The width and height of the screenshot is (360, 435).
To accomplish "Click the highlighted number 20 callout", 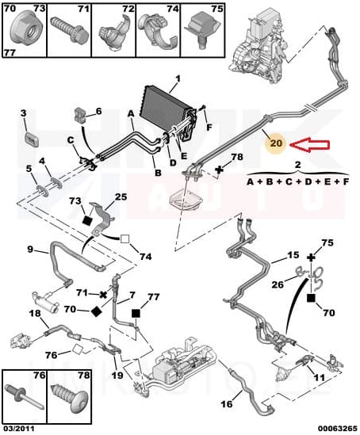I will (x=275, y=144).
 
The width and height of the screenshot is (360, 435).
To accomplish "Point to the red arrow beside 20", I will (x=309, y=144).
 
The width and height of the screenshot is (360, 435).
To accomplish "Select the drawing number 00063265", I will (x=333, y=428).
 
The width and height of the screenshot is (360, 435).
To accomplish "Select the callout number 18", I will (x=35, y=315).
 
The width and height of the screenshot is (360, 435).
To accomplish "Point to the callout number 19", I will (x=117, y=375).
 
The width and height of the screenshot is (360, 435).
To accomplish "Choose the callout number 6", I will (x=98, y=111).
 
